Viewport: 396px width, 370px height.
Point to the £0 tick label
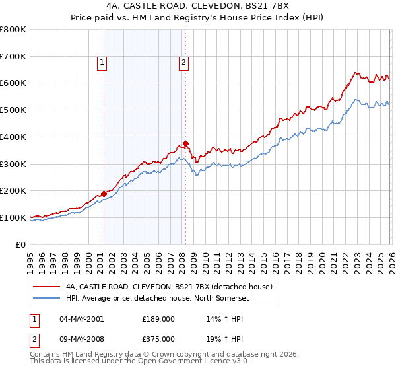coord(20,244)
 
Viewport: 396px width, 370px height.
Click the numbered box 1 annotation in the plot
coord(103,63)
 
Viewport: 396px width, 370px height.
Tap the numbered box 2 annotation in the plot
coord(183,63)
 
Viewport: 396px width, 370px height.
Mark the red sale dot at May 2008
coord(186,143)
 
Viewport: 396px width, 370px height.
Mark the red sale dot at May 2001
coord(104,194)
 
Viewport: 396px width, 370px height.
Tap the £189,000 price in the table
coord(158,318)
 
